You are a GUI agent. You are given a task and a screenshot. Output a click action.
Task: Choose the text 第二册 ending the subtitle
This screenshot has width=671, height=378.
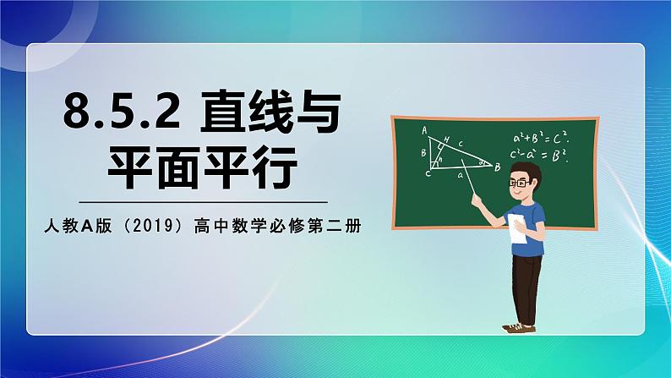tap(327, 226)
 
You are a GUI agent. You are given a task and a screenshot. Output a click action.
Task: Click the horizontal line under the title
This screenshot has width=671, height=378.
tap(203, 203)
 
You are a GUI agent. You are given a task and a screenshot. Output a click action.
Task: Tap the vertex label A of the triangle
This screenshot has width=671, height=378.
tap(423, 130)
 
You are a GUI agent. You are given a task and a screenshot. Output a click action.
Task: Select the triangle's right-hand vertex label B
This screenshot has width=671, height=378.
tap(498, 167)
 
